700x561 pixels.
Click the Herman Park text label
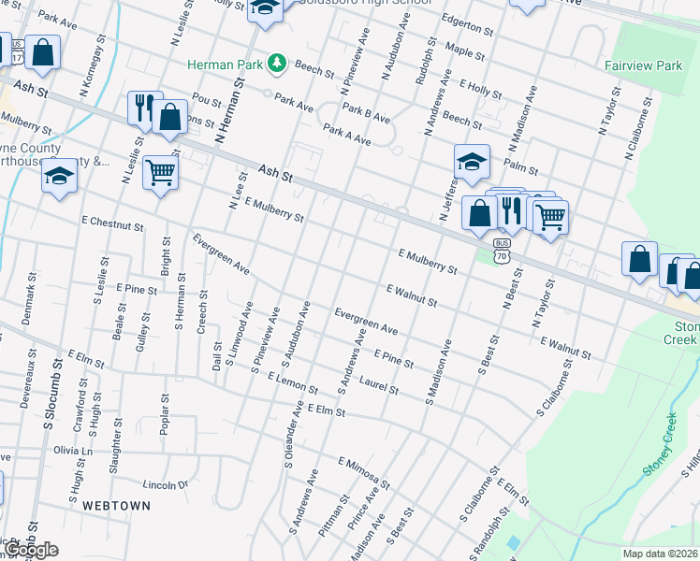225,64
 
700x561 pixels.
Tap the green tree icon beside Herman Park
277,64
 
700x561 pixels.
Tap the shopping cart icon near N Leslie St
160,171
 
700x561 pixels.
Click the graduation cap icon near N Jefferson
472,160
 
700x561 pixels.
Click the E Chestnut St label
111,224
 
